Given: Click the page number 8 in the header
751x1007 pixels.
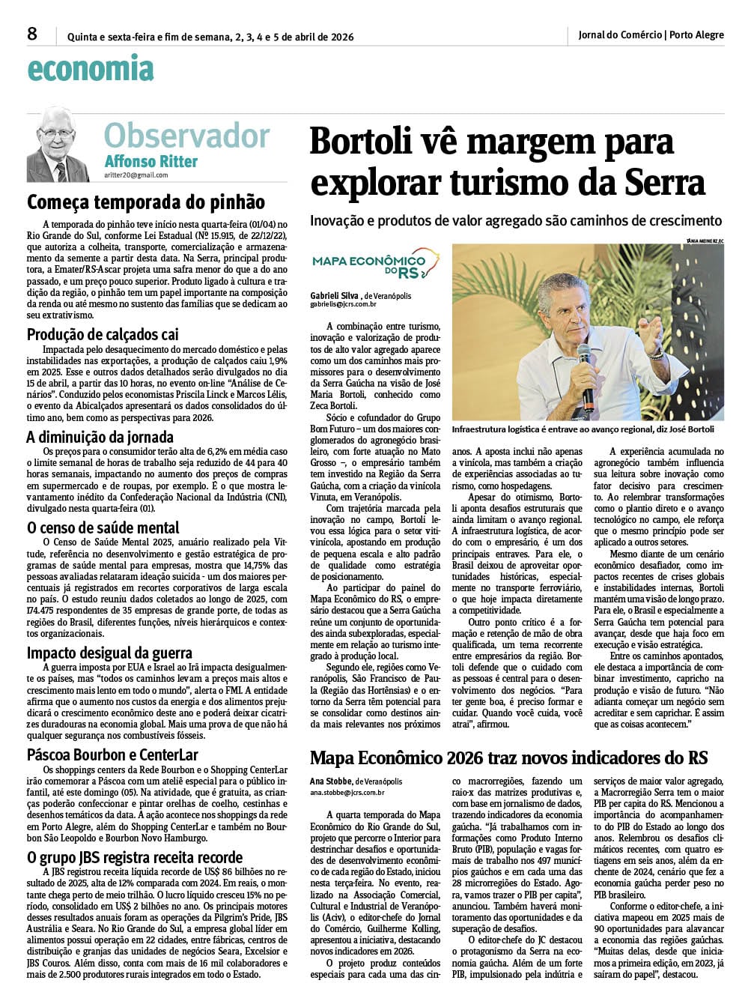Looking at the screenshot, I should click(x=32, y=34).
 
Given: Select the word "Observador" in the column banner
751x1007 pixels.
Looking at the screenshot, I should click(x=186, y=136).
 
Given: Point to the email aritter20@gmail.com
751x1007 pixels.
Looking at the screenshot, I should click(x=136, y=175).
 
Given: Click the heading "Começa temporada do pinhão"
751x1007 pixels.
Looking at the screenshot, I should click(x=146, y=202).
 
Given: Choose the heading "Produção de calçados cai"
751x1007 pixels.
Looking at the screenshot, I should click(x=103, y=334).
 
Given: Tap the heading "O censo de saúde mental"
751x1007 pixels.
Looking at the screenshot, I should click(x=103, y=527).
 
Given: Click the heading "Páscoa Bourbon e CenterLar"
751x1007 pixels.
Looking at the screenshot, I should click(x=112, y=755).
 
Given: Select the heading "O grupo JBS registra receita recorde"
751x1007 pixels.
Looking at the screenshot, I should click(x=135, y=857).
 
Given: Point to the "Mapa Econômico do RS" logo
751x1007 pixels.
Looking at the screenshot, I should click(x=374, y=264).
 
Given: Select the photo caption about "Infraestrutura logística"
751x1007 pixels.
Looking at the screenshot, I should click(x=583, y=429).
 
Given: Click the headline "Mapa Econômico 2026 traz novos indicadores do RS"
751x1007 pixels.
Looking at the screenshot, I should click(x=508, y=757).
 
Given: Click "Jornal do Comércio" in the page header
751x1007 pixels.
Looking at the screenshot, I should click(x=620, y=34).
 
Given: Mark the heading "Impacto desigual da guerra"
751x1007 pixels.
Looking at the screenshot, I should click(x=109, y=653).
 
